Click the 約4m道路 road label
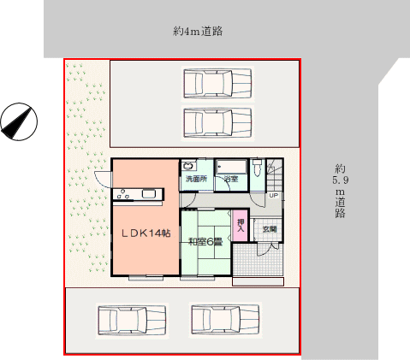coord(198,31)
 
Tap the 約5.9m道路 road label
coord(341,191)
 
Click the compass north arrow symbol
coord(19,121)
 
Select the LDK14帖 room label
coord(146,233)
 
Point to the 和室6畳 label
coord(205,242)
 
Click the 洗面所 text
coord(196,179)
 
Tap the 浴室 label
coord(231,179)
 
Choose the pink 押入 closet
coord(241,225)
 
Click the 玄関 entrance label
coord(270,229)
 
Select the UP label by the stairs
coord(273,196)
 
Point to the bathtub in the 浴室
coord(231,167)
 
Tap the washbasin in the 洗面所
coord(188,165)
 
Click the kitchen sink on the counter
coord(149,194)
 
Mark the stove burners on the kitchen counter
coord(123,194)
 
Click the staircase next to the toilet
coord(275,174)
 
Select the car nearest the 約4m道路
coord(217,84)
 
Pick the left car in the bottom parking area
coord(132,321)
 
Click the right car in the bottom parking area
coord(225,320)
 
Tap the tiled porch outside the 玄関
coord(258,259)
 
